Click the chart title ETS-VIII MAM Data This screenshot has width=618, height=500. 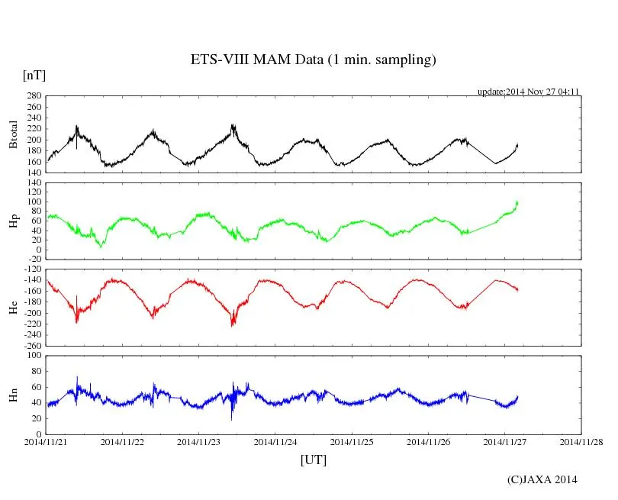point(313,60)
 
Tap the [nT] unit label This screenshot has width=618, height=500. point(34,76)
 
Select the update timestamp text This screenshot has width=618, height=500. point(529,92)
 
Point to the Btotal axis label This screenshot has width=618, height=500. point(13,134)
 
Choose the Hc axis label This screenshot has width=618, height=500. point(13,307)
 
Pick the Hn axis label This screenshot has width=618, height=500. point(13,394)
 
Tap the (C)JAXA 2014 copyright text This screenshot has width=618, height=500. point(542,479)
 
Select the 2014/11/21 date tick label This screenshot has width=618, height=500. point(46,441)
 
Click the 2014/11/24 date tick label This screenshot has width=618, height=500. point(275,441)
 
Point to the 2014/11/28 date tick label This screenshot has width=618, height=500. point(581,441)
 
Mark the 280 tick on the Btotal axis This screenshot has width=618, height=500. point(33,96)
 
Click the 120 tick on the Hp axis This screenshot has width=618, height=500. point(33,182)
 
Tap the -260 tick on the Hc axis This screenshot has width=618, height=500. point(31,345)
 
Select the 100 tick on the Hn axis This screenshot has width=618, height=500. point(33,355)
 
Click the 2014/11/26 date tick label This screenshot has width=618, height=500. point(428,441)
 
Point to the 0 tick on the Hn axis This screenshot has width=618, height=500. point(38,434)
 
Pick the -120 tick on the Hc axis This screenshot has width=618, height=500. point(31,269)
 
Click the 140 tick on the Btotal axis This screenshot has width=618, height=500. point(33,173)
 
